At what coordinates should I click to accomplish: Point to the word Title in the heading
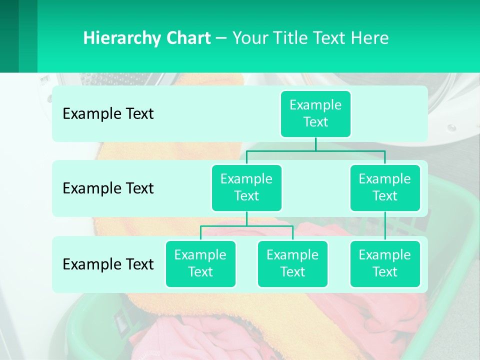(292, 38)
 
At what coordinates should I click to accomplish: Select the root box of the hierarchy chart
(315, 113)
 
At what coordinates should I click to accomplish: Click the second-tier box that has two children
(246, 187)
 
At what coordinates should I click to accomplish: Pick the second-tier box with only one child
(385, 187)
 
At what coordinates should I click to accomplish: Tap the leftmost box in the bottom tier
(200, 263)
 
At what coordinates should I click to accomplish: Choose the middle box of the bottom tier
(292, 263)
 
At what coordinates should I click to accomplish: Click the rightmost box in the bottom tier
(385, 263)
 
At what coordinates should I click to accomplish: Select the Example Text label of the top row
(108, 114)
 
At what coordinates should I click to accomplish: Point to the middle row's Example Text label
(108, 188)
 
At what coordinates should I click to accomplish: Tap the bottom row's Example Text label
(108, 264)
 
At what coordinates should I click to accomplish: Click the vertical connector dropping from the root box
(315, 144)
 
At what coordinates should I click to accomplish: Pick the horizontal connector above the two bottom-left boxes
(246, 226)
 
